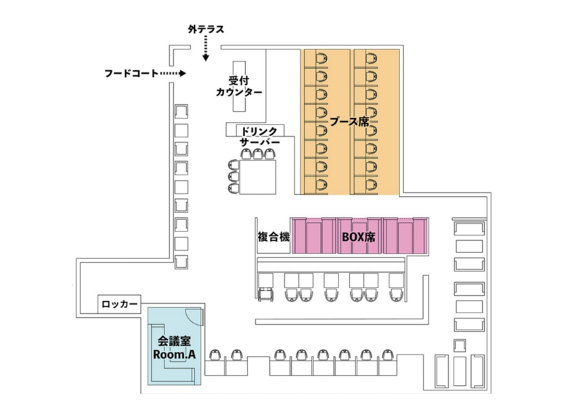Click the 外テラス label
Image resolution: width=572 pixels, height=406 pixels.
click(206, 30)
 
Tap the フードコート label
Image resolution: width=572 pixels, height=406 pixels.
click(131, 72)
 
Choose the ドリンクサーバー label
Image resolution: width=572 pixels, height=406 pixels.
click(260, 136)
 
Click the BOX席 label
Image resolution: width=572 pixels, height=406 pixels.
click(359, 238)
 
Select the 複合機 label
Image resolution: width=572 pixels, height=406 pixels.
click(273, 238)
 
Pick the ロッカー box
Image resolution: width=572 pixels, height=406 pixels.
click(120, 304)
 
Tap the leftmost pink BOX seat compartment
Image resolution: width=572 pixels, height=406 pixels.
click(305, 235)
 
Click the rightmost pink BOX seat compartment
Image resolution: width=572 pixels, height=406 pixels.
click(414, 235)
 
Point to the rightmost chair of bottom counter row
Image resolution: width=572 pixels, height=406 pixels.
click(388, 355)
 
